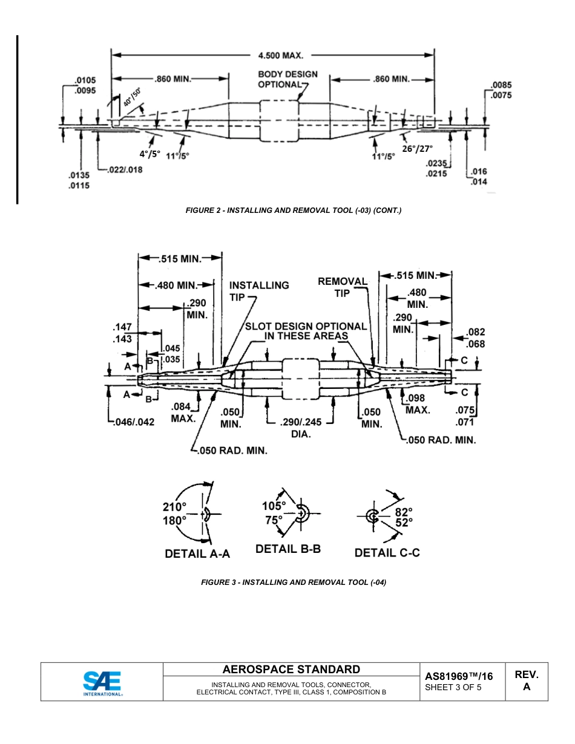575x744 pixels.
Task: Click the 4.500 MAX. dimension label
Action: pyautogui.click(x=280, y=55)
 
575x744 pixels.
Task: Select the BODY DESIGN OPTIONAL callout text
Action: pyautogui.click(x=287, y=79)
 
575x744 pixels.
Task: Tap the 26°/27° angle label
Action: pyautogui.click(x=418, y=148)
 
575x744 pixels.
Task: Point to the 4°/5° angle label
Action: pyautogui.click(x=149, y=154)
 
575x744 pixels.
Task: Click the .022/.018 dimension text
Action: pyautogui.click(x=124, y=169)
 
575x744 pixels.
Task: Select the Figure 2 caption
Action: pyautogui.click(x=293, y=210)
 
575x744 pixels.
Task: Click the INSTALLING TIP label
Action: pyautogui.click(x=258, y=290)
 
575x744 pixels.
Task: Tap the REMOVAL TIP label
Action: pyautogui.click(x=343, y=287)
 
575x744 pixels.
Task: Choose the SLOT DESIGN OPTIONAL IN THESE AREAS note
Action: pyautogui.click(x=306, y=331)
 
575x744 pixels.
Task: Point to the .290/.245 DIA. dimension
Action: pyautogui.click(x=301, y=428)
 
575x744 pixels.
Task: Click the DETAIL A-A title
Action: pyautogui.click(x=197, y=553)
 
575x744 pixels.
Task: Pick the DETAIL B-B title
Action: pyautogui.click(x=288, y=549)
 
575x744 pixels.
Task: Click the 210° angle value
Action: pyautogui.click(x=174, y=507)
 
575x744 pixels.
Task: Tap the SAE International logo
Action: pyautogui.click(x=102, y=683)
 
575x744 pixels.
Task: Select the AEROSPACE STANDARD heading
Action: pyautogui.click(x=291, y=670)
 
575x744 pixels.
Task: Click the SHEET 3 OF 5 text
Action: pyautogui.click(x=453, y=687)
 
